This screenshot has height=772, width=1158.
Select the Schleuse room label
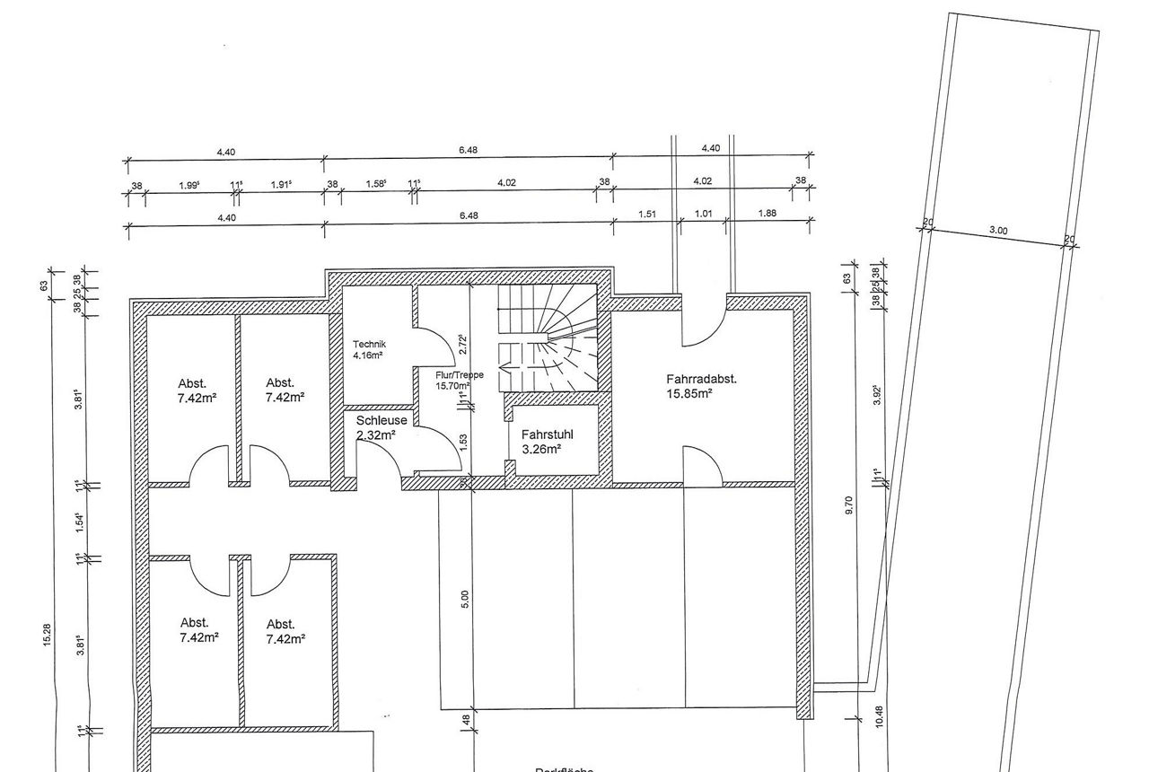pyautogui.click(x=382, y=420)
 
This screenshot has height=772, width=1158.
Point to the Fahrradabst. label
pyautogui.click(x=701, y=379)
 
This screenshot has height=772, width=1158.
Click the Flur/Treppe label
pyautogui.click(x=453, y=374)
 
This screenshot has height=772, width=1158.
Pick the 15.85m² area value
pyautogui.click(x=689, y=393)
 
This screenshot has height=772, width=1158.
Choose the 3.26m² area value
pyautogui.click(x=541, y=449)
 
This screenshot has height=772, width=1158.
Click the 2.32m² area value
pyautogui.click(x=376, y=435)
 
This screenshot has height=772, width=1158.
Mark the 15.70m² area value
pyautogui.click(x=453, y=385)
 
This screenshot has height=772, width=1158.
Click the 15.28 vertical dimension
pyautogui.click(x=47, y=635)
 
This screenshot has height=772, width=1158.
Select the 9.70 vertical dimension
pyautogui.click(x=848, y=506)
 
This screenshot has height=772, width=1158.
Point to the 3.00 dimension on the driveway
pyautogui.click(x=998, y=231)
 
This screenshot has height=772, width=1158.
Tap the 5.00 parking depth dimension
pyautogui.click(x=465, y=599)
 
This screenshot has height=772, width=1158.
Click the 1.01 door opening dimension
pyautogui.click(x=704, y=214)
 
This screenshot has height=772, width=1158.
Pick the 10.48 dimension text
pyautogui.click(x=878, y=715)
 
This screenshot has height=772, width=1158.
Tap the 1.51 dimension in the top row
pyautogui.click(x=647, y=214)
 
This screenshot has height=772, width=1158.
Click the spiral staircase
pyautogui.click(x=548, y=338)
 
